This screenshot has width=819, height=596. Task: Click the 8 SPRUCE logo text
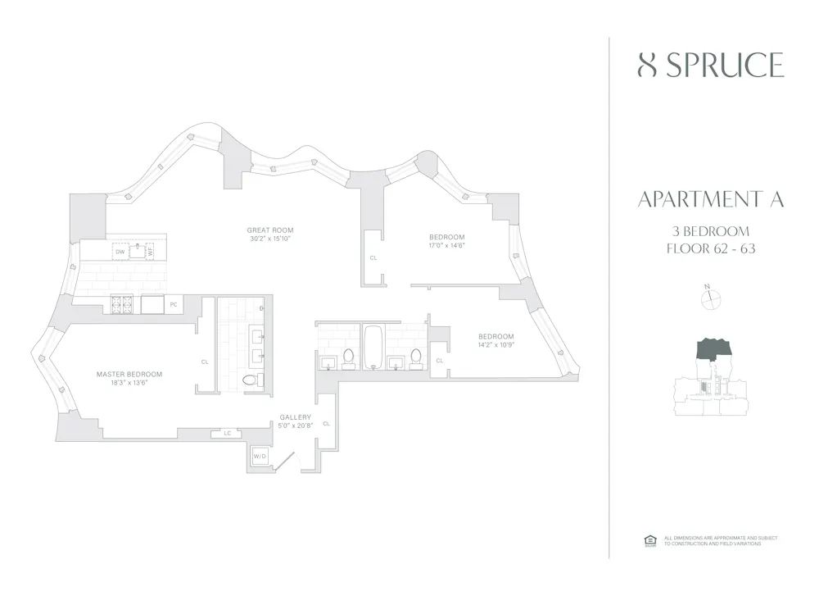tap(710, 65)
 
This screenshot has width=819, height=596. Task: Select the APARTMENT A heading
tap(710, 200)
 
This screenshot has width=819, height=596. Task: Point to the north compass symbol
tap(710, 299)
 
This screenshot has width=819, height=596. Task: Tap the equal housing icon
tap(651, 540)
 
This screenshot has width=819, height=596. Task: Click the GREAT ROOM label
tap(270, 230)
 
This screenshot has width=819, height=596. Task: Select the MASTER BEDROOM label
tap(129, 374)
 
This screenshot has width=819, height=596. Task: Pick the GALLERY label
tap(294, 417)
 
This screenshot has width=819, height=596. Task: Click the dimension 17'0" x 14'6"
tap(446, 245)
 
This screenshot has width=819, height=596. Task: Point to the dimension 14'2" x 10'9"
tap(496, 345)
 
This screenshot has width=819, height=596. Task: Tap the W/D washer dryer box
tap(260, 456)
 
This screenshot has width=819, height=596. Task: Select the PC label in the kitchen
tap(173, 305)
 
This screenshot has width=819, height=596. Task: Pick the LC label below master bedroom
tap(227, 433)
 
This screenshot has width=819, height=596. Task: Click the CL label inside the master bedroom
tap(205, 361)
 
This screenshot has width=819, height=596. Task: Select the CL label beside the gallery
tap(326, 423)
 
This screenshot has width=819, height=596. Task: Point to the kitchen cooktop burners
tap(120, 305)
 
